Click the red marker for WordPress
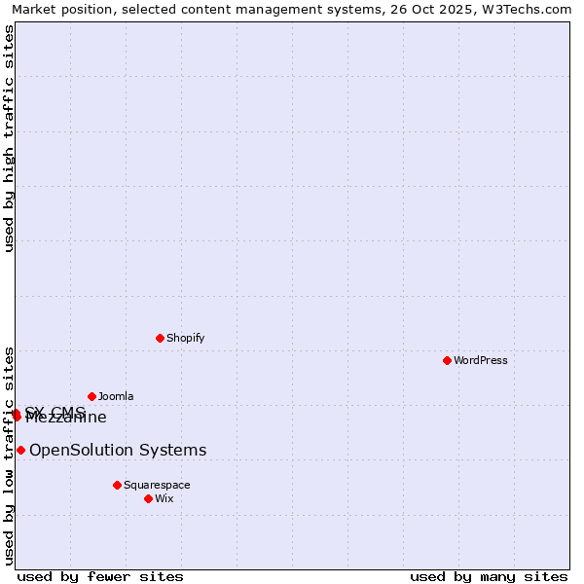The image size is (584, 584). (447, 360)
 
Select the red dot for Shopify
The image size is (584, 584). (160, 338)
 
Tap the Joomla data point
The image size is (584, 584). (91, 396)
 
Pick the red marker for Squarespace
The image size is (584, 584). (117, 485)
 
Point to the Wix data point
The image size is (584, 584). (148, 498)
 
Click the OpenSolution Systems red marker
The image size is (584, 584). (20, 450)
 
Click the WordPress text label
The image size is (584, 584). (481, 360)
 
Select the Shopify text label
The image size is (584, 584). (185, 338)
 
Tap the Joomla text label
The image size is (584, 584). (116, 396)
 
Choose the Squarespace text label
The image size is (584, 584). (157, 485)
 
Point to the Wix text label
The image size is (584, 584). (164, 498)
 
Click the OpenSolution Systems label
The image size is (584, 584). (118, 450)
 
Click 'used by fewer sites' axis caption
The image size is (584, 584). (100, 576)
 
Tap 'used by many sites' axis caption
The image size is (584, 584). (489, 576)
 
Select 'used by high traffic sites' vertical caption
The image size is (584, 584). (10, 138)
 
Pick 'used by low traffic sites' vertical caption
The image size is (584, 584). (10, 455)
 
